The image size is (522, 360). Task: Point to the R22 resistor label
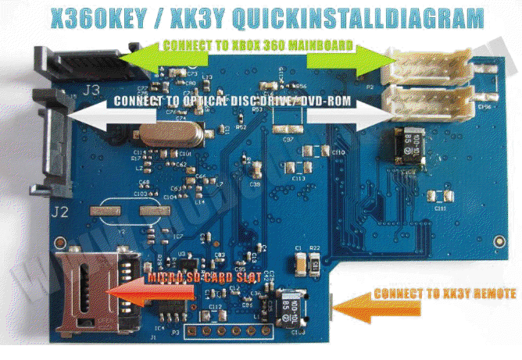pos(314,248)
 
